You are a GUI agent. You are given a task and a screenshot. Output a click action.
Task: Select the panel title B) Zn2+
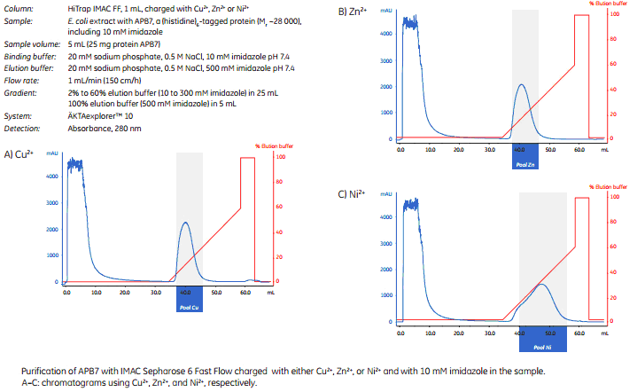353,12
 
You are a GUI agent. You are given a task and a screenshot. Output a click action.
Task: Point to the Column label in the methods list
19,7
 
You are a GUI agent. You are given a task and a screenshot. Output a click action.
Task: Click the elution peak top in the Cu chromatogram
185,223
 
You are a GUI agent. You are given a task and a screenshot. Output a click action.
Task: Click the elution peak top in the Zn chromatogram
521,85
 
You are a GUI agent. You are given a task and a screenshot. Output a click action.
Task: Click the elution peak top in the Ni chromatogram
541,285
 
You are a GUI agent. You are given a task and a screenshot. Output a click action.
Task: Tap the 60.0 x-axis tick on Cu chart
245,291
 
